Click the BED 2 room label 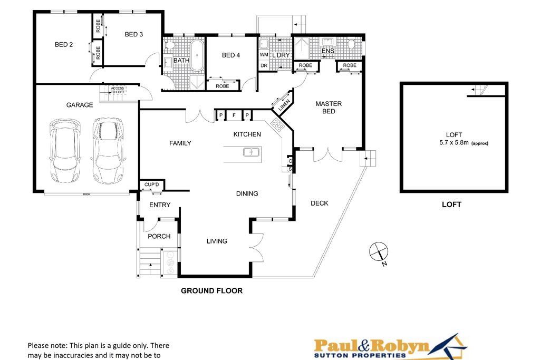64,45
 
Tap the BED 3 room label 134,35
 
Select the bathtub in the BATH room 197,55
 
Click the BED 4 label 231,55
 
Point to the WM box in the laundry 264,55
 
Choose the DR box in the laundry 264,65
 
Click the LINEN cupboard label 284,103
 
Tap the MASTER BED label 329,108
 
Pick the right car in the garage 108,149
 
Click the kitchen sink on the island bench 251,153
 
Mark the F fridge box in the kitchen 234,115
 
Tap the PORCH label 159,236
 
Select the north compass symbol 378,252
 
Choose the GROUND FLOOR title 211,290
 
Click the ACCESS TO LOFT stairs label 117,90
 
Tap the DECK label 319,203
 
